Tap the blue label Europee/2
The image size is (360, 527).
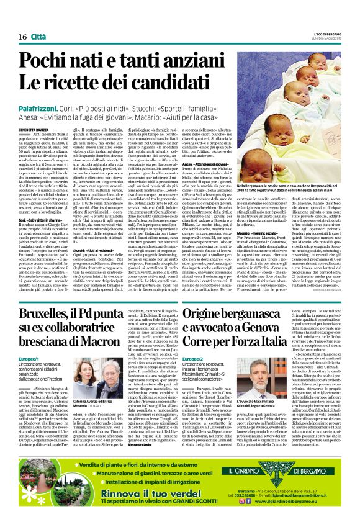193,359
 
